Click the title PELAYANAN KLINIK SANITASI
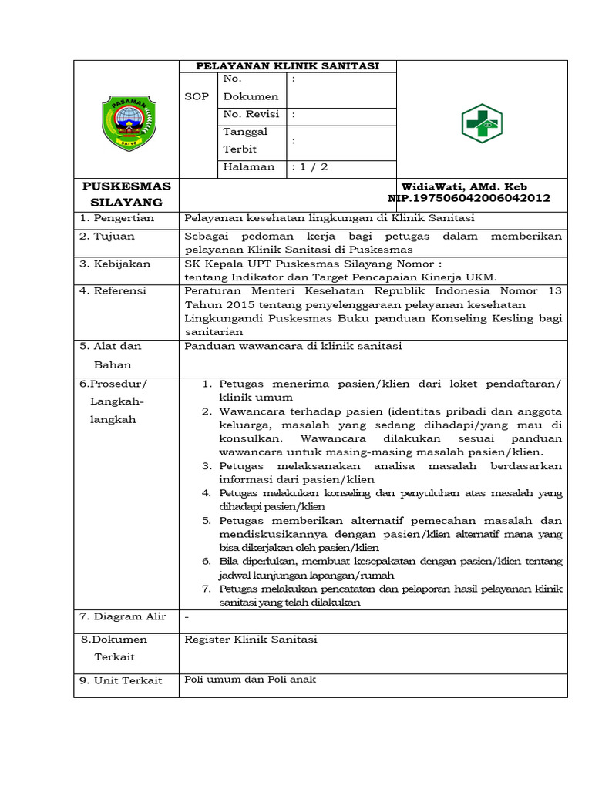pyautogui.click(x=288, y=66)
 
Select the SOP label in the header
pyautogui.click(x=197, y=97)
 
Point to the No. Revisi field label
pyautogui.click(x=251, y=114)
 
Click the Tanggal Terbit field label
pyautogui.click(x=245, y=140)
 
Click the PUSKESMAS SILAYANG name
pyautogui.click(x=127, y=194)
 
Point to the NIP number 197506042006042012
pyautogui.click(x=469, y=198)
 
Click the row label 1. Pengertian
pyautogui.click(x=117, y=218)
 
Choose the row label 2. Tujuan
pyautogui.click(x=107, y=236)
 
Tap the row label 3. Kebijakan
pyautogui.click(x=115, y=264)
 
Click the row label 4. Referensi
pyautogui.click(x=115, y=290)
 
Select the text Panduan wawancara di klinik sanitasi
pyautogui.click(x=293, y=347)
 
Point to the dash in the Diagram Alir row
pyautogui.click(x=187, y=616)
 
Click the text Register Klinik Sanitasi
pyautogui.click(x=251, y=639)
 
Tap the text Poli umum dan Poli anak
pyautogui.click(x=251, y=679)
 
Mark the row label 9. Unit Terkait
pyautogui.click(x=121, y=681)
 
